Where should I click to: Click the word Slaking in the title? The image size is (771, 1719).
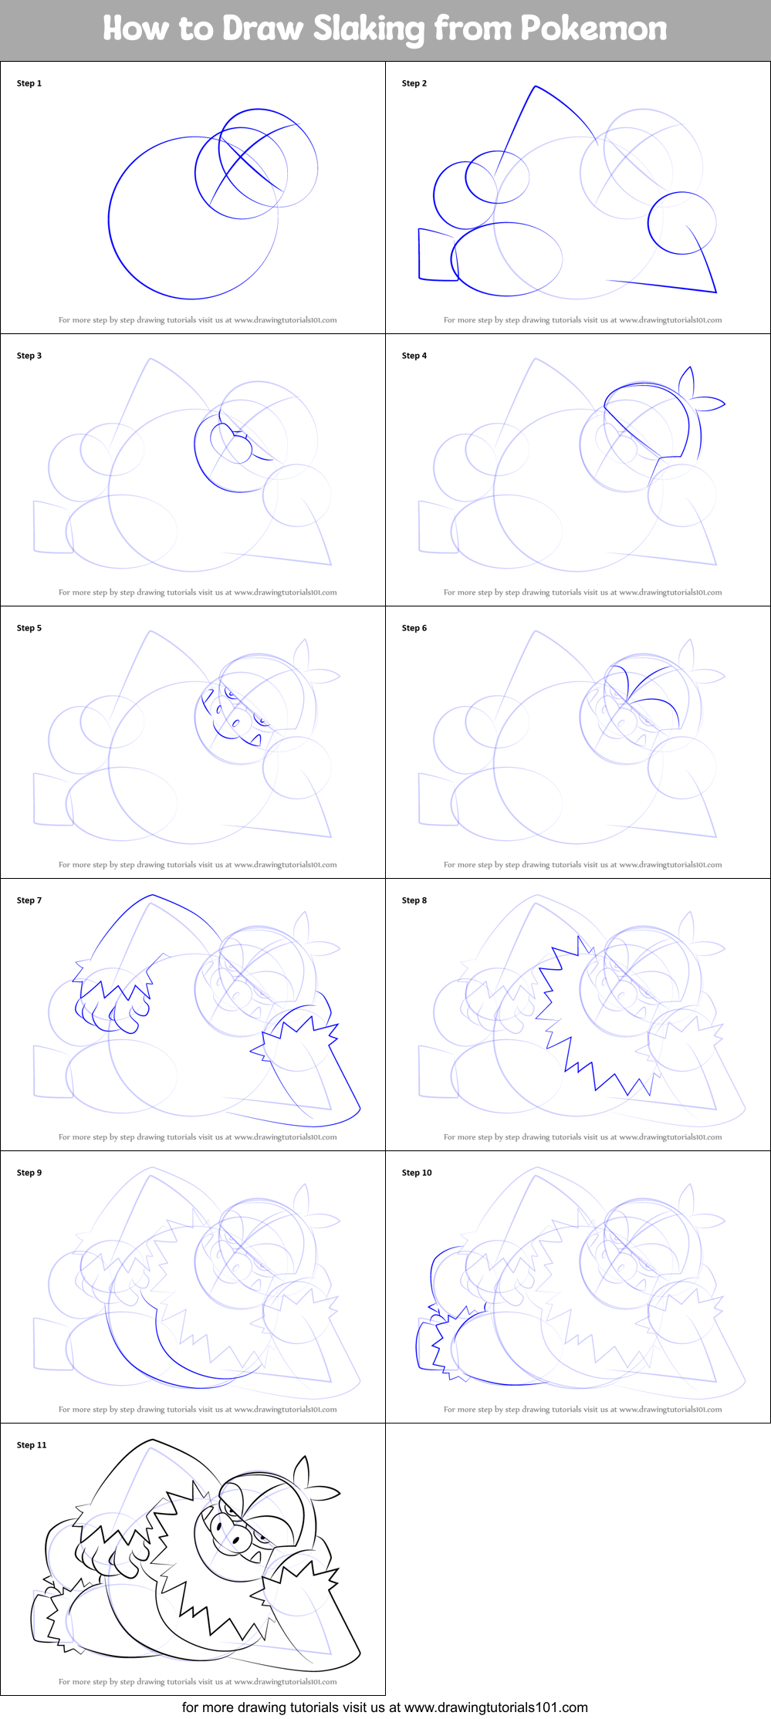pyautogui.click(x=368, y=29)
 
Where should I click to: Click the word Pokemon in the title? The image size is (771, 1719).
pyautogui.click(x=593, y=29)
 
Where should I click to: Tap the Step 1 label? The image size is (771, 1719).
pyautogui.click(x=29, y=83)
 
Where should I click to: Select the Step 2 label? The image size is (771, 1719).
pyautogui.click(x=414, y=83)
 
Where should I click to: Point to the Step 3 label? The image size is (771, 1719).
pyautogui.click(x=29, y=356)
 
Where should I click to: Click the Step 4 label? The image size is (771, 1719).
pyautogui.click(x=414, y=356)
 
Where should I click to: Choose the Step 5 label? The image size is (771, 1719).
pyautogui.click(x=29, y=628)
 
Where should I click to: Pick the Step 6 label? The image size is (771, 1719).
pyautogui.click(x=414, y=628)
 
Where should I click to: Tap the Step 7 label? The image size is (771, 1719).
pyautogui.click(x=29, y=900)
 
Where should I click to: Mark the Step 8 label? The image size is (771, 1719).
pyautogui.click(x=414, y=900)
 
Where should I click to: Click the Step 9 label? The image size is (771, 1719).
pyautogui.click(x=29, y=1173)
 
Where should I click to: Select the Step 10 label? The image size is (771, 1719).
pyautogui.click(x=417, y=1173)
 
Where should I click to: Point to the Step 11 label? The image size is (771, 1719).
pyautogui.click(x=32, y=1445)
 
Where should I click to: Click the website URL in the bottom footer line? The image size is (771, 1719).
pyautogui.click(x=495, y=1707)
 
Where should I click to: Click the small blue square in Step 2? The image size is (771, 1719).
pyautogui.click(x=437, y=255)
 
